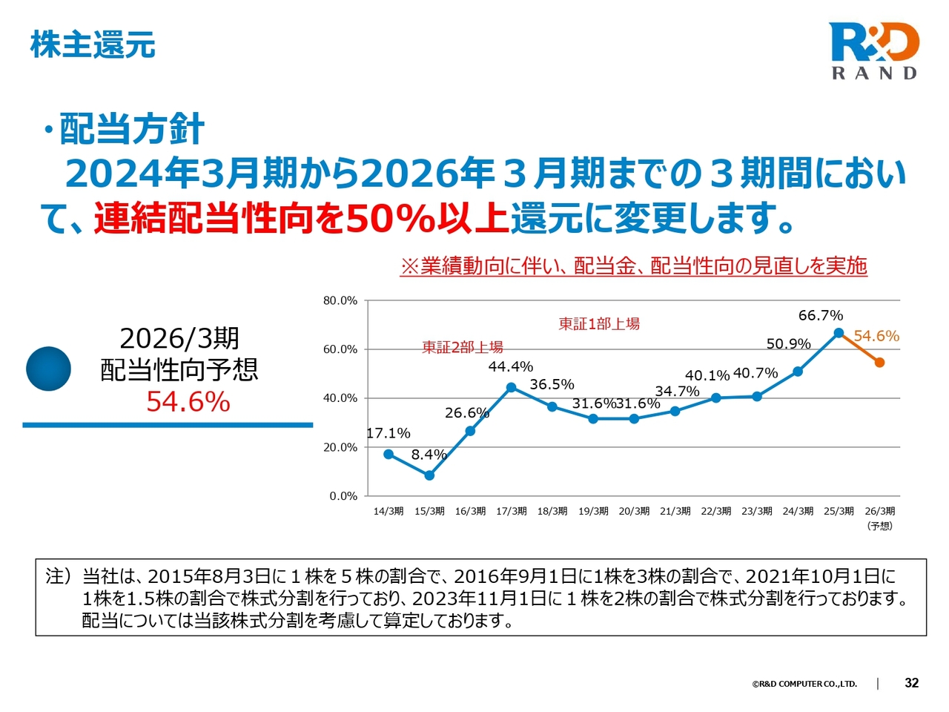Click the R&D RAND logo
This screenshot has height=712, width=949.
874,50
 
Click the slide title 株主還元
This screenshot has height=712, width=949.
93,44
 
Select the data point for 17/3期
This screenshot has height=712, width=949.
512,387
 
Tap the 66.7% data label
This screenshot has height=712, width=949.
820,316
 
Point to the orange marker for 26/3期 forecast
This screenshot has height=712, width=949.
879,363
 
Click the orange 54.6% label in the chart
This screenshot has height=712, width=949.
876,336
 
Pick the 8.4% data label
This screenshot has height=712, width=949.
429,455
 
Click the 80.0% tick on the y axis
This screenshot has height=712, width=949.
340,300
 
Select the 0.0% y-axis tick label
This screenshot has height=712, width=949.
343,496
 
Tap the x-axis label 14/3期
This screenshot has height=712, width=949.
388,511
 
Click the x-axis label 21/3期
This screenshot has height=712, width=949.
675,511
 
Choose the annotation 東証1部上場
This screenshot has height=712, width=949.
599,324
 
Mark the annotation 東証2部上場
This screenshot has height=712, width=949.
463,347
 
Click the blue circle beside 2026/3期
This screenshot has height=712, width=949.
49,369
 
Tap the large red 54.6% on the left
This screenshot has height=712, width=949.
188,402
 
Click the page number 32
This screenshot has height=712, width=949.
912,683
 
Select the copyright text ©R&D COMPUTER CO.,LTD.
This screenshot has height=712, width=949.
804,684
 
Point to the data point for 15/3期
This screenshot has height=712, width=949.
429,475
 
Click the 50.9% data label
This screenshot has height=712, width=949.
788,344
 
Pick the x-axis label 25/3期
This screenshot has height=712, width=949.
839,511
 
